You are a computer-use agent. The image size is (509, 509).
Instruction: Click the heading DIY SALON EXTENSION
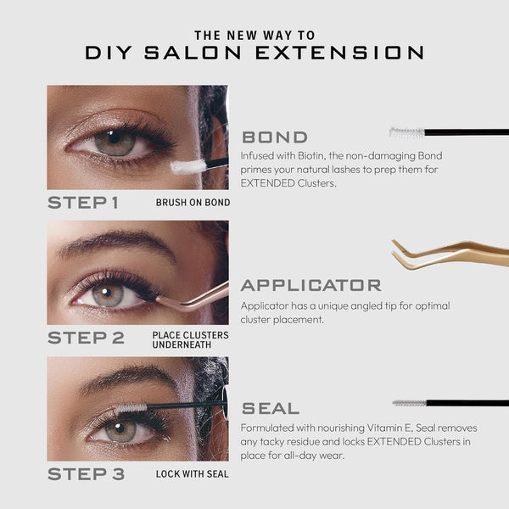pos(255,53)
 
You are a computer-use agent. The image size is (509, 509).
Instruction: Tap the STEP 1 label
pos(83,203)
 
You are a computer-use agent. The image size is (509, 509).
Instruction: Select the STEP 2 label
pos(86,338)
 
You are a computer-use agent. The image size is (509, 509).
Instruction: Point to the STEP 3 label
pos(86,474)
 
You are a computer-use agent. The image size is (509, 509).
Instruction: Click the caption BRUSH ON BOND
pos(193,203)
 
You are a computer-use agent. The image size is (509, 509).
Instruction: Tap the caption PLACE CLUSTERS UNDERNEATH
pos(191,340)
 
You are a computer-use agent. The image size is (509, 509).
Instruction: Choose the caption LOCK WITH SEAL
pos(193,474)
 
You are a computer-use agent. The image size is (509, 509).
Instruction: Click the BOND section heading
pos(275,137)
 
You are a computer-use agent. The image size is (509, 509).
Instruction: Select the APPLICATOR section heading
pos(311,285)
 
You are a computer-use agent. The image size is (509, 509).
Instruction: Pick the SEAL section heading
pos(271,408)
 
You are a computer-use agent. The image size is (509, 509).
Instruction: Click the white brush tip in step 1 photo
pos(188,166)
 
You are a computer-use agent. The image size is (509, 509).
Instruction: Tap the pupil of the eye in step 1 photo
pos(114,137)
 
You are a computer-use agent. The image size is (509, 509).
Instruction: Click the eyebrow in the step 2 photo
pos(118,243)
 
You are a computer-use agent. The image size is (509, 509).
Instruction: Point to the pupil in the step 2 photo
pos(106,292)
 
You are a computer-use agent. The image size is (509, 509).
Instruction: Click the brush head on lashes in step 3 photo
pos(131,408)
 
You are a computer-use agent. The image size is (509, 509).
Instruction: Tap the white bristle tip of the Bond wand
pos(407,132)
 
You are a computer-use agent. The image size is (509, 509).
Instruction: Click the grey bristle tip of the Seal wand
pos(410,403)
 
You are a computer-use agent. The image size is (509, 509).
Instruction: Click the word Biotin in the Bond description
pos(311,156)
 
